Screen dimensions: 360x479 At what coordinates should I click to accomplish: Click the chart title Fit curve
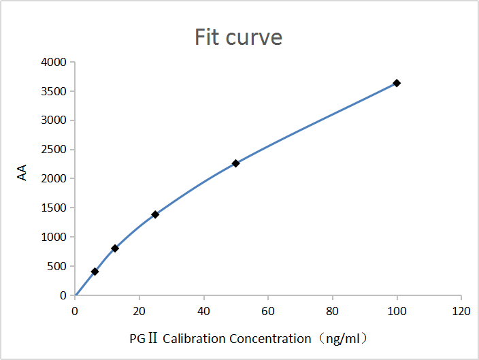(238, 36)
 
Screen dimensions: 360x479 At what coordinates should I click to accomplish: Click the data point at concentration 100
(397, 83)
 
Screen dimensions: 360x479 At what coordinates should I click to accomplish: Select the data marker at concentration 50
(235, 163)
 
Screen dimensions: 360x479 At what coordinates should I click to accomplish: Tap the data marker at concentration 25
(155, 214)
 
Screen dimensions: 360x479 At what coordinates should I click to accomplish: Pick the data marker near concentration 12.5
(115, 248)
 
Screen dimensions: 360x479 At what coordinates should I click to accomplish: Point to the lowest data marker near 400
(95, 272)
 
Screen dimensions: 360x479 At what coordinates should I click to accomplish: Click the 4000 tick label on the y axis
(54, 63)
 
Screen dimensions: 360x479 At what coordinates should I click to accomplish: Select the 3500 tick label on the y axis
(54, 92)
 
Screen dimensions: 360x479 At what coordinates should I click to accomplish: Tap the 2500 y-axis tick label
(54, 150)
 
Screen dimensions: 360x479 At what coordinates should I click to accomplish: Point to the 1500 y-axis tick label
(54, 208)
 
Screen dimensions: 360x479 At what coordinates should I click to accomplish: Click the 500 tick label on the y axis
(56, 267)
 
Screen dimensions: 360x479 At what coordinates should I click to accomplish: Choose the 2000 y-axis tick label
(54, 179)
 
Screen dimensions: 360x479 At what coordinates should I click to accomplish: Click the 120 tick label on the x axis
(461, 311)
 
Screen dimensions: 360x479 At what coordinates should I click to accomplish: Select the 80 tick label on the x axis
(333, 311)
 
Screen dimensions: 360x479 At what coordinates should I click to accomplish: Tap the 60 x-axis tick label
(268, 311)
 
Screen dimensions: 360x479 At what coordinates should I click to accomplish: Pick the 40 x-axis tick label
(204, 311)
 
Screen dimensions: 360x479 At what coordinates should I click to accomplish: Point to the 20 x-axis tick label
(139, 311)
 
